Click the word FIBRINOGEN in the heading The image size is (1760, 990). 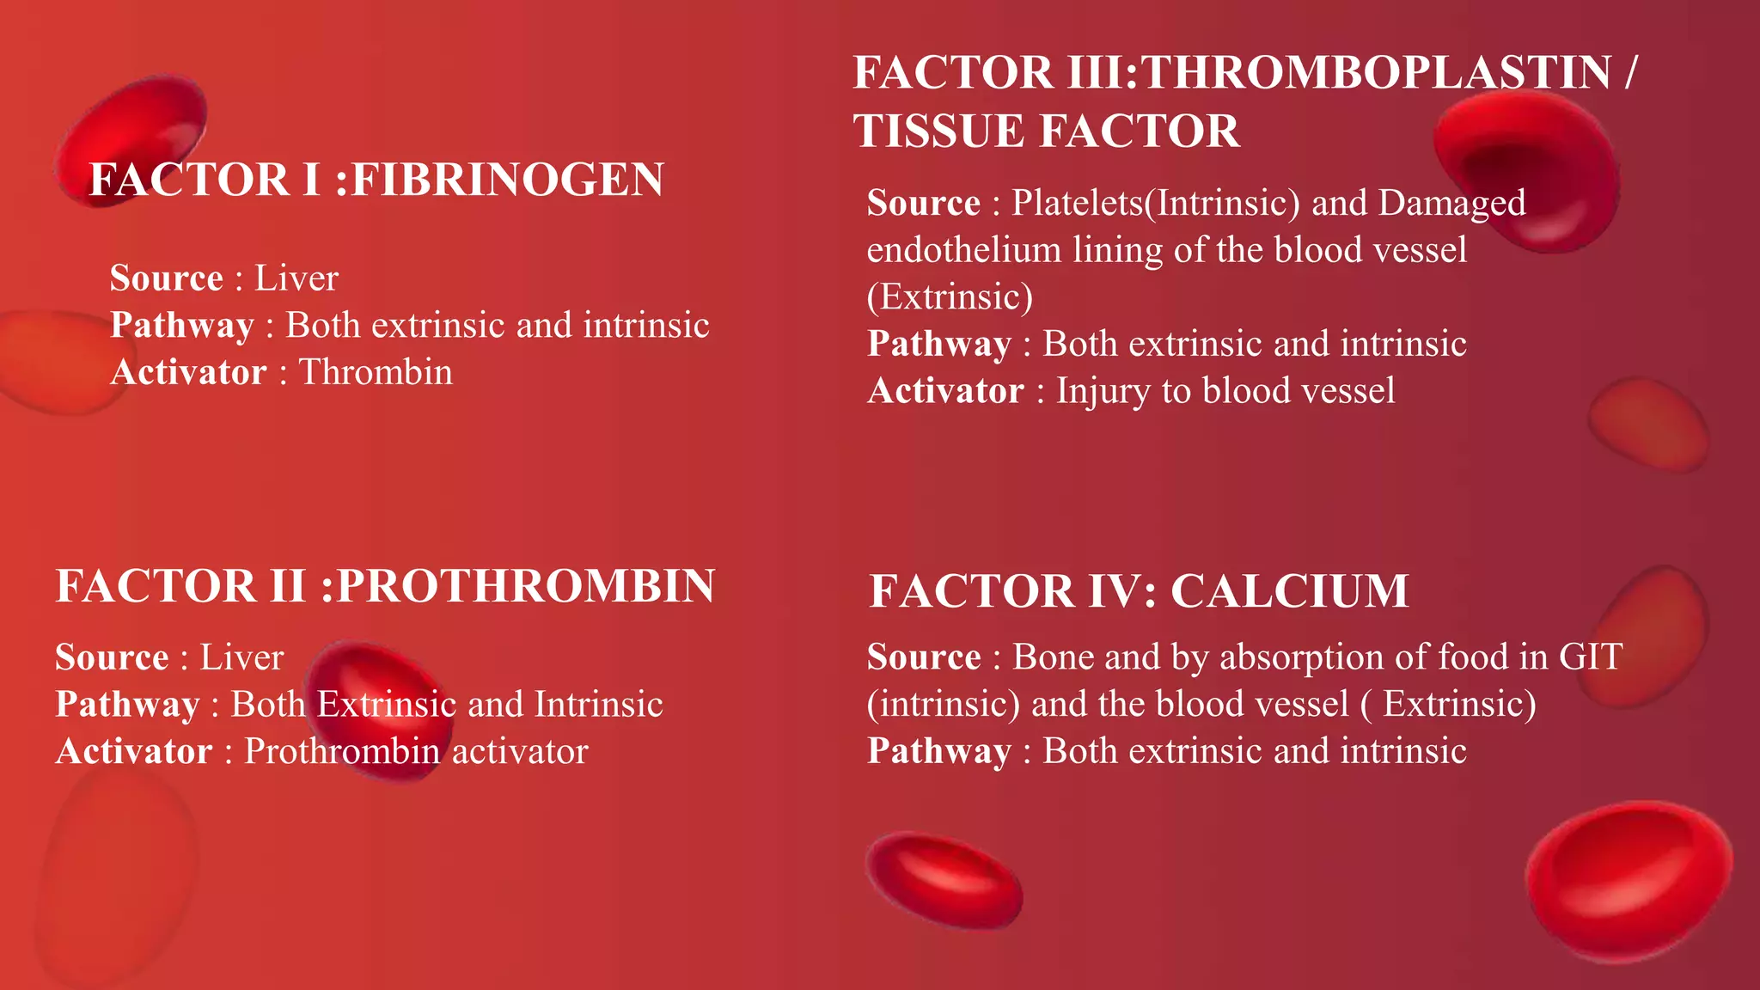click(508, 180)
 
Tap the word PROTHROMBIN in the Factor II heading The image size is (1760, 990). click(525, 586)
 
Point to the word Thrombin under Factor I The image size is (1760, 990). click(376, 372)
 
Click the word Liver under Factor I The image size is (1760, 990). click(296, 278)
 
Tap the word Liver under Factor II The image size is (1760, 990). click(241, 657)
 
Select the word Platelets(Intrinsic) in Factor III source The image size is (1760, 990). click(1155, 203)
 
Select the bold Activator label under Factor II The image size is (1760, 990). click(134, 752)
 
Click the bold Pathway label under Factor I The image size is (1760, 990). click(182, 326)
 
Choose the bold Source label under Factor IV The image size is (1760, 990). click(924, 657)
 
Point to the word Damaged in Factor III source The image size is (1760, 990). click(1451, 203)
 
